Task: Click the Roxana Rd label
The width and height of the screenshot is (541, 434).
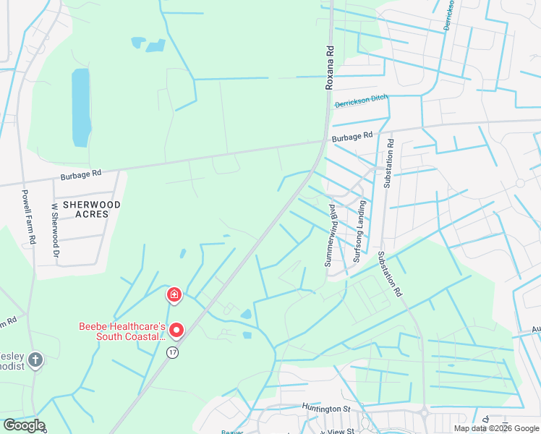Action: coord(330,68)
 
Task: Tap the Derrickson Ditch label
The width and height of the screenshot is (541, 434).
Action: coord(361,101)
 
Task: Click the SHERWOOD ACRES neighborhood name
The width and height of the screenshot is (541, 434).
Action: coord(91,210)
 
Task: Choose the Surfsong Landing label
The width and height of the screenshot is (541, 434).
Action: coord(359,231)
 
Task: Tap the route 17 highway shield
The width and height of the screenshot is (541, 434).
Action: coord(171,352)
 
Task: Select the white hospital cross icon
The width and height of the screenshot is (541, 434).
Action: coord(174,294)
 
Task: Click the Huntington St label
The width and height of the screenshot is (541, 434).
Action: coord(326,408)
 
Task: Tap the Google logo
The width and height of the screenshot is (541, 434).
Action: coord(23,425)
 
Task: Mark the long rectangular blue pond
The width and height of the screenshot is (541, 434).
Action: coord(81,107)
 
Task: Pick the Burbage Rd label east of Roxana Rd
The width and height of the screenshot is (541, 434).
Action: coord(352,136)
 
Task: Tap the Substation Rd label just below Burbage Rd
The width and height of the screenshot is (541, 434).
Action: coord(388,163)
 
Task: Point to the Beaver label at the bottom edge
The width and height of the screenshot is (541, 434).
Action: coord(232,432)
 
